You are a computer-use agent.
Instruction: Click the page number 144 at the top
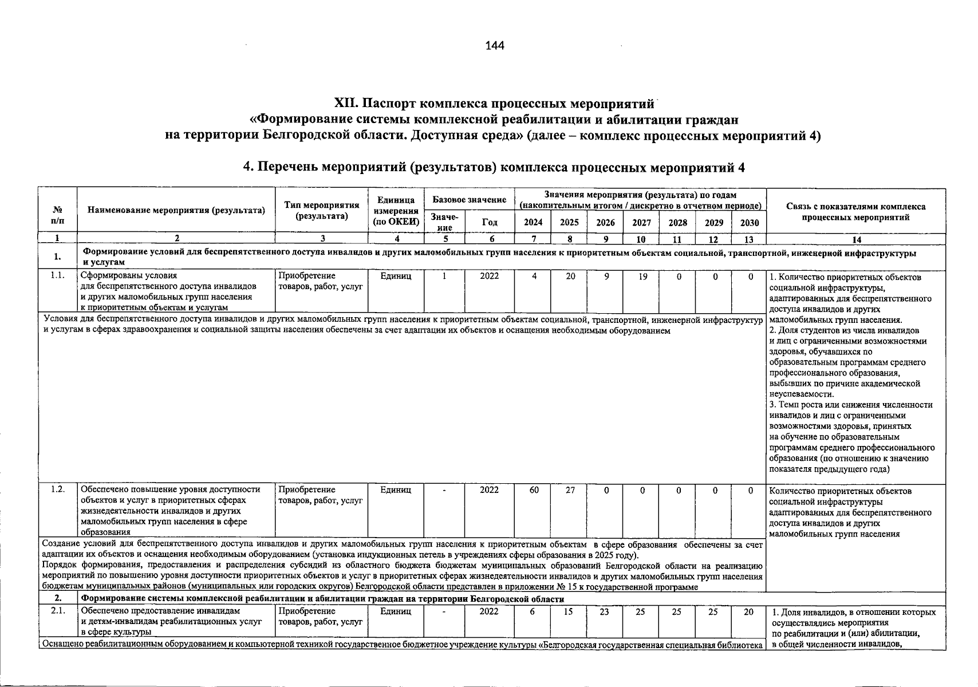pos(494,45)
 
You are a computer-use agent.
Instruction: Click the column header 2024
pos(533,223)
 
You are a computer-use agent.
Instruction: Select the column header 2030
pos(749,223)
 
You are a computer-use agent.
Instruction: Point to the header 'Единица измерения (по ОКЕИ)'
pos(396,211)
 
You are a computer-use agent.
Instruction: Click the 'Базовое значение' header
pos(469,200)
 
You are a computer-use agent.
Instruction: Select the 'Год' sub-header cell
pos(490,223)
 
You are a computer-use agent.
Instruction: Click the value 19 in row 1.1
pos(642,277)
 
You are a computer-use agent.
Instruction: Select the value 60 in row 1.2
pos(533,490)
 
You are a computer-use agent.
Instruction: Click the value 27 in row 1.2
pos(569,490)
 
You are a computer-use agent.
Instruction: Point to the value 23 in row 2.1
pos(605,612)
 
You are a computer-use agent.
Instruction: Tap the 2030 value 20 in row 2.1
pos(749,612)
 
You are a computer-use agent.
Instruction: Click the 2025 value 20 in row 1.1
pos(569,277)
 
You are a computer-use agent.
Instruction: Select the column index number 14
pos(855,239)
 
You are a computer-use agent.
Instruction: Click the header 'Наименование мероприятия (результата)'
pos(176,210)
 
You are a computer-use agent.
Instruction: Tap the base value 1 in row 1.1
pos(444,277)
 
